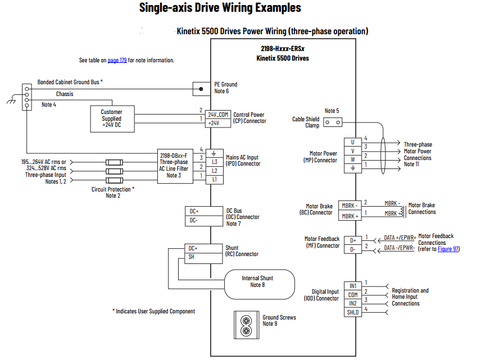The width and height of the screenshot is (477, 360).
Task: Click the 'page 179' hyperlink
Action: [x=117, y=60]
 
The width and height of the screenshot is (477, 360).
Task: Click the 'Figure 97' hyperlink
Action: [x=447, y=249]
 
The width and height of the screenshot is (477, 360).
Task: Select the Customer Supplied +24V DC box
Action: [x=111, y=119]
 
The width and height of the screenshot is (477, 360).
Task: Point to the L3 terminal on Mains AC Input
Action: [x=214, y=162]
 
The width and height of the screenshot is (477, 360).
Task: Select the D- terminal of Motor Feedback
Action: [x=352, y=249]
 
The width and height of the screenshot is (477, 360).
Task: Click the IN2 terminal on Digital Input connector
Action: [x=352, y=303]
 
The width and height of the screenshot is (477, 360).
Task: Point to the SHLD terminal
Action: [x=352, y=312]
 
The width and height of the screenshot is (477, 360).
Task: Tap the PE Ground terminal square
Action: [x=201, y=89]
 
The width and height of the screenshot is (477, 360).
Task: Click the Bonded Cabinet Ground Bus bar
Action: [x=26, y=98]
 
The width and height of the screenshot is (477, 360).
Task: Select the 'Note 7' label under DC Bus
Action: [x=234, y=224]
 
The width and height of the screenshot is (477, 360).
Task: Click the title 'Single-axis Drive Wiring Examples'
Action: [x=220, y=8]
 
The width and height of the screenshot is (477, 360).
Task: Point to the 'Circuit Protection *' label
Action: [x=112, y=189]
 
